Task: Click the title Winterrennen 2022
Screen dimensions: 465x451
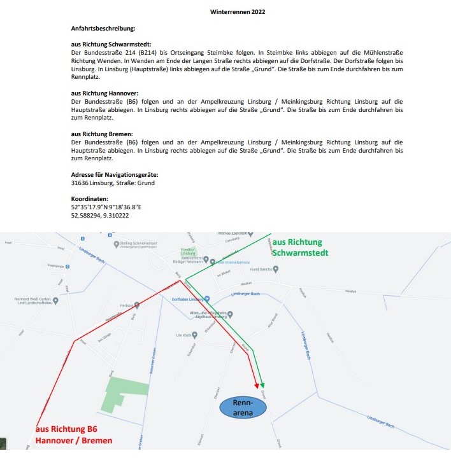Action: [x=238, y=11]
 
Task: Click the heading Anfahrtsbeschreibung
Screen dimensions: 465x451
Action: [x=103, y=29]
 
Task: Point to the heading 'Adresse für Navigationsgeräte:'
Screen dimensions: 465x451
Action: [x=115, y=174]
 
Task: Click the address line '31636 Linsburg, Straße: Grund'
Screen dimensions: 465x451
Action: [x=113, y=183]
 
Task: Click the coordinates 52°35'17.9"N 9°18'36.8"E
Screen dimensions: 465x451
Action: [x=106, y=207]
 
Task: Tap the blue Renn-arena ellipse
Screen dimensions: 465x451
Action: [x=243, y=408]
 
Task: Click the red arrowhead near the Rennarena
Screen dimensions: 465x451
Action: [x=257, y=385]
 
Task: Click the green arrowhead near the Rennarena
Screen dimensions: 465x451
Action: [x=262, y=385]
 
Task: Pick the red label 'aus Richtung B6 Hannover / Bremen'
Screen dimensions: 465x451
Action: [x=74, y=435]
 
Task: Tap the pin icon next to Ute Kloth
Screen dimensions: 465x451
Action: [x=195, y=335]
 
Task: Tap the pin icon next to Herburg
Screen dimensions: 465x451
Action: [x=137, y=305]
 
